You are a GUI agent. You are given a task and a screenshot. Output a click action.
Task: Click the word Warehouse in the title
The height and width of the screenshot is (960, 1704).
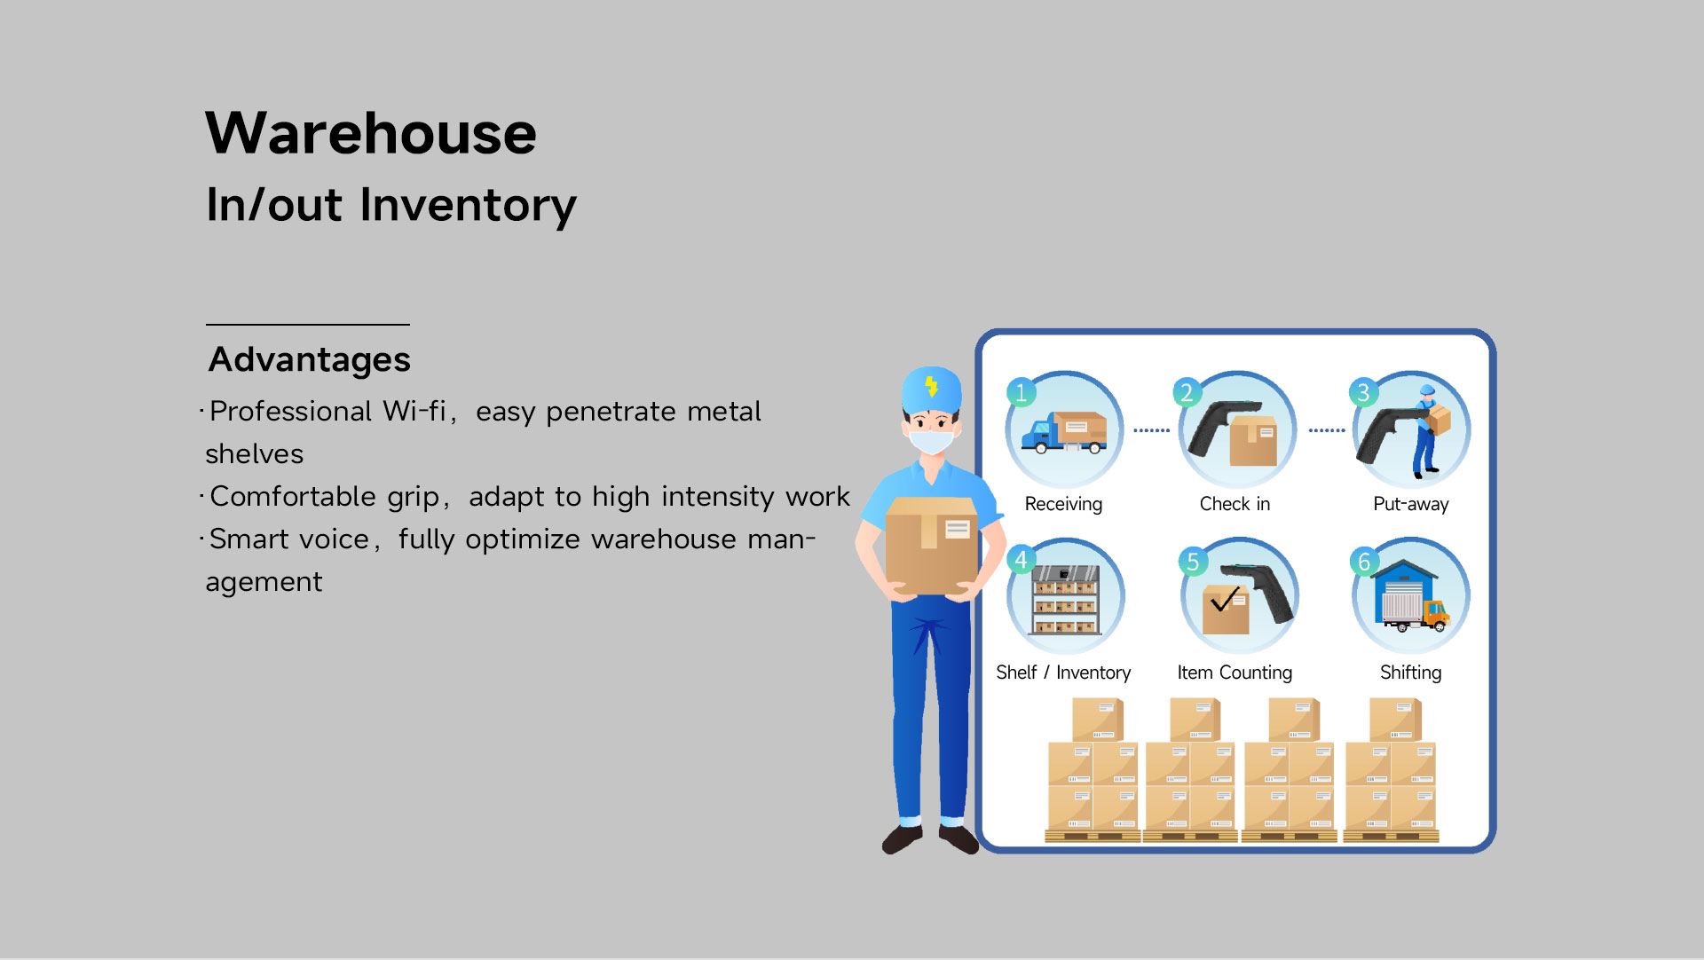pos(371,133)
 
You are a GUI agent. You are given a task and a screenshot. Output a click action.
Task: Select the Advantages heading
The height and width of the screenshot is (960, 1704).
pos(309,360)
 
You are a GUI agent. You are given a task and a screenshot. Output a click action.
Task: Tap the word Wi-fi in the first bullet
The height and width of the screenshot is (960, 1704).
pos(414,411)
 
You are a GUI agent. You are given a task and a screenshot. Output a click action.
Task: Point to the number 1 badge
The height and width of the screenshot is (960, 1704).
pos(1021,392)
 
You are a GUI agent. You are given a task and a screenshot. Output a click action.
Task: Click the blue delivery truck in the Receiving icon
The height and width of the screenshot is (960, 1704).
pos(1063,432)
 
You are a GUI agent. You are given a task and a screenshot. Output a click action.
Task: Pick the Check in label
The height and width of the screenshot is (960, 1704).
pos(1235,504)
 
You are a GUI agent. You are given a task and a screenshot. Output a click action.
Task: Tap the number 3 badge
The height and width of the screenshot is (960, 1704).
pos(1363,392)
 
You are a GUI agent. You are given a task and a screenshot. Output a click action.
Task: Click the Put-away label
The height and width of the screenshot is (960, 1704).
pos(1410,504)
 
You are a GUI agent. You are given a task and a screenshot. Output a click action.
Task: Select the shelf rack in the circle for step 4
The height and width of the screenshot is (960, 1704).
pos(1065,600)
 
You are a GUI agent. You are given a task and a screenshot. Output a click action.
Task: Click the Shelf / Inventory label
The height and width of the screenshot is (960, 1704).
pos(1063,673)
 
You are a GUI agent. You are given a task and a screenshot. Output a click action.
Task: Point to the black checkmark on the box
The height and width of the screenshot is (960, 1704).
pos(1225,600)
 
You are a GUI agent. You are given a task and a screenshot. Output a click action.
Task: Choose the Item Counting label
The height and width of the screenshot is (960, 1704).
pos(1235,673)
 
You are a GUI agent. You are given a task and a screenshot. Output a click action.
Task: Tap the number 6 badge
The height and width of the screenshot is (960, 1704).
pos(1365,562)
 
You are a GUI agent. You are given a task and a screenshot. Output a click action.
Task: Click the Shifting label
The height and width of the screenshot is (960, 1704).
pos(1410,673)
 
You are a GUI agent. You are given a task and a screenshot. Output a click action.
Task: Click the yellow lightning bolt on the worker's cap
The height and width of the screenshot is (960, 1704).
pos(931,386)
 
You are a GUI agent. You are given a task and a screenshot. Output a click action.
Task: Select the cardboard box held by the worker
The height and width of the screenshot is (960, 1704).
pos(931,546)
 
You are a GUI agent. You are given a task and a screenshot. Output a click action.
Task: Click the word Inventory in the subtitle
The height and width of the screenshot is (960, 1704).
pos(468,206)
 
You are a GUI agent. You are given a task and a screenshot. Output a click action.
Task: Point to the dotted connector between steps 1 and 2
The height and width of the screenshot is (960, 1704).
pos(1151,430)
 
